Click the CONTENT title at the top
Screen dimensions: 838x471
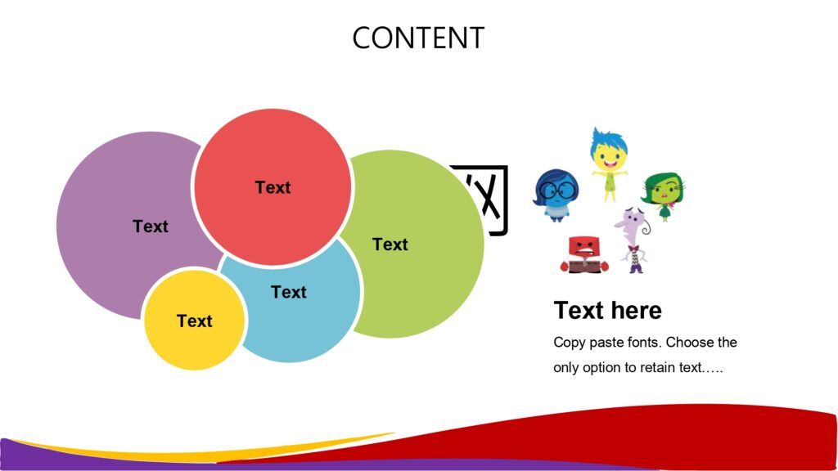point(418,38)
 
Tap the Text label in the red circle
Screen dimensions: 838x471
point(273,187)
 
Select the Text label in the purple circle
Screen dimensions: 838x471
point(151,227)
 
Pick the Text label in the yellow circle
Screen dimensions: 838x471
point(195,321)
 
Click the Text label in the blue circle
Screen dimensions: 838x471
point(289,292)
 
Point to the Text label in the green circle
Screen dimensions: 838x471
point(390,244)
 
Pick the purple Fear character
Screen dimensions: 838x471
point(634,240)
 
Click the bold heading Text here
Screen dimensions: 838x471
point(608,310)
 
